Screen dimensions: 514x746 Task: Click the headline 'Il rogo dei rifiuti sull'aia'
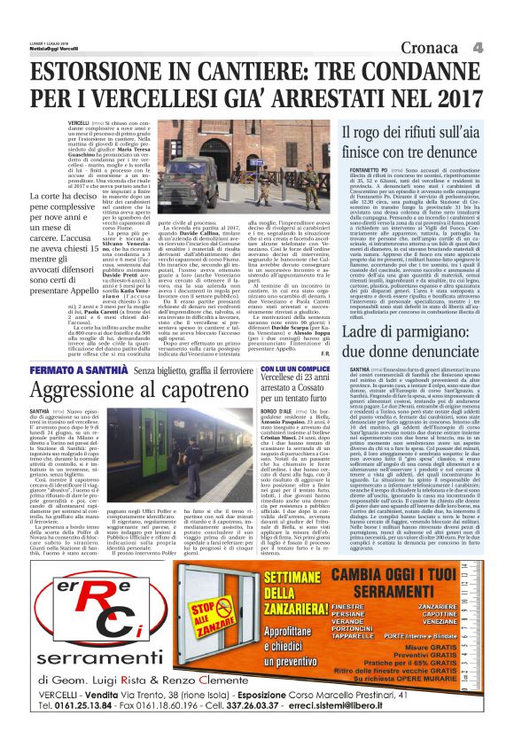coord(407,132)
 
